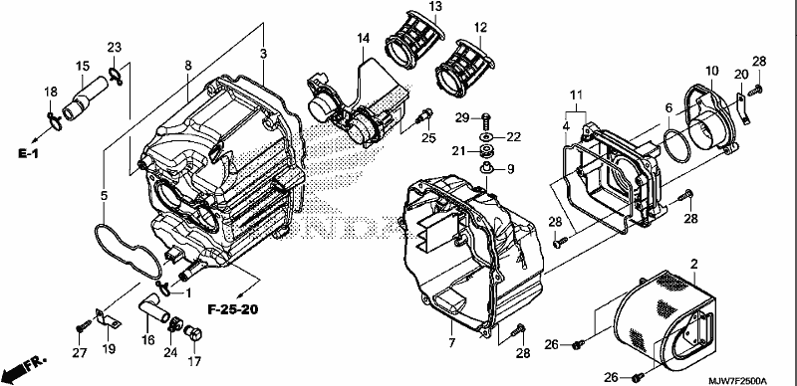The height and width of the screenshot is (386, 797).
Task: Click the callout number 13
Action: click(435, 7)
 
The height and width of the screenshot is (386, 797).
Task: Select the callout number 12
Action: click(480, 27)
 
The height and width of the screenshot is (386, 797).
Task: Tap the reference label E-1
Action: click(29, 154)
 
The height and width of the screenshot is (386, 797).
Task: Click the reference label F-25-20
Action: click(232, 308)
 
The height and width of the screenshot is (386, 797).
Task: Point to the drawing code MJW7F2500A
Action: click(738, 381)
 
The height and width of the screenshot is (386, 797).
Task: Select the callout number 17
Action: click(194, 361)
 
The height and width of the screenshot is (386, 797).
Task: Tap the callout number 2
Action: click(693, 264)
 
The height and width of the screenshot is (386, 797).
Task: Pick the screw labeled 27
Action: click(83, 325)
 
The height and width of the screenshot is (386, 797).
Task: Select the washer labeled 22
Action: click(486, 137)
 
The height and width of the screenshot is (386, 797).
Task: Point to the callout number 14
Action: click(363, 38)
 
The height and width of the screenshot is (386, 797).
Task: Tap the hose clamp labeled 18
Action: click(55, 119)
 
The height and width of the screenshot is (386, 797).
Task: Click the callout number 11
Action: click(576, 95)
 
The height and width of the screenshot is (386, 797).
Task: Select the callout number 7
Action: click(452, 342)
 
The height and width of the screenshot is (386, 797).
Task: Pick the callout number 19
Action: click(109, 349)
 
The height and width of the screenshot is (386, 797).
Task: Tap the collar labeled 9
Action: click(484, 168)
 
